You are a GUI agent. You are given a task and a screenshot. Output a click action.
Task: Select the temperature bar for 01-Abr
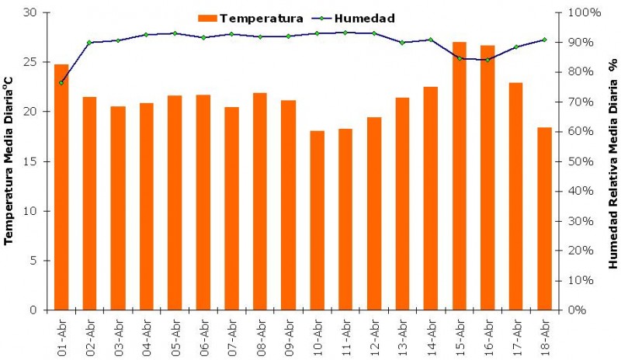point(61,187)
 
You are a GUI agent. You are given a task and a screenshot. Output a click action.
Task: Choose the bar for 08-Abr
point(260,202)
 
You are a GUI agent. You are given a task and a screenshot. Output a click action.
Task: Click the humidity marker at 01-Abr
point(61,82)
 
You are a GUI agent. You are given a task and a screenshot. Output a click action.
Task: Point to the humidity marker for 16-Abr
point(487,60)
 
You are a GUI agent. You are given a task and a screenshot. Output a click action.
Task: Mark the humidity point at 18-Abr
point(544,40)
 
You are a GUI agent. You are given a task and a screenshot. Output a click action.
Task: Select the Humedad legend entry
point(356,18)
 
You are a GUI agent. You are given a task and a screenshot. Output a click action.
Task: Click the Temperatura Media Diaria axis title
point(10,161)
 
